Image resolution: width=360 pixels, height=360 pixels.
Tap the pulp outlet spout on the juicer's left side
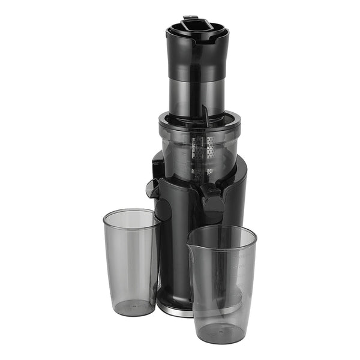pos(152,187)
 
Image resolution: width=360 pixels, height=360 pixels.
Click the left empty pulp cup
pos(130,261)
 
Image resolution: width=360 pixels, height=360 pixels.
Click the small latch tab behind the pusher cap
pos(191,18)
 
